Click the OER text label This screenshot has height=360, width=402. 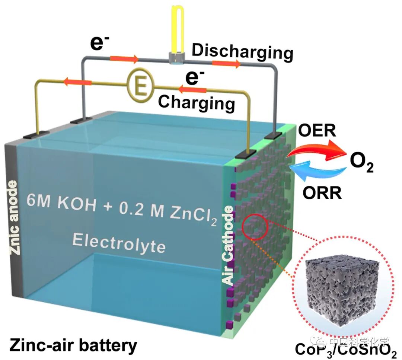pyautogui.click(x=317, y=131)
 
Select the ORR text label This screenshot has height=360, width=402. pyautogui.click(x=322, y=194)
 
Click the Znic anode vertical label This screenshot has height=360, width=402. pyautogui.click(x=13, y=218)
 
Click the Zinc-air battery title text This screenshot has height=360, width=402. pyautogui.click(x=73, y=345)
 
